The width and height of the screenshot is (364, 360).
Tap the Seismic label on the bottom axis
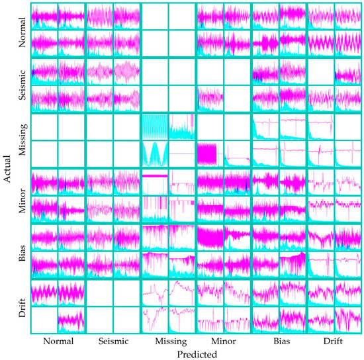(x=114, y=342)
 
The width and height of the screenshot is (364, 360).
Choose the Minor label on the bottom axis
(x=224, y=342)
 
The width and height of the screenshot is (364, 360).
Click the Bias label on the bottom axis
(x=279, y=342)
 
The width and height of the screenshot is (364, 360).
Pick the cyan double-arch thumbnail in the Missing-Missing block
(x=155, y=154)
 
